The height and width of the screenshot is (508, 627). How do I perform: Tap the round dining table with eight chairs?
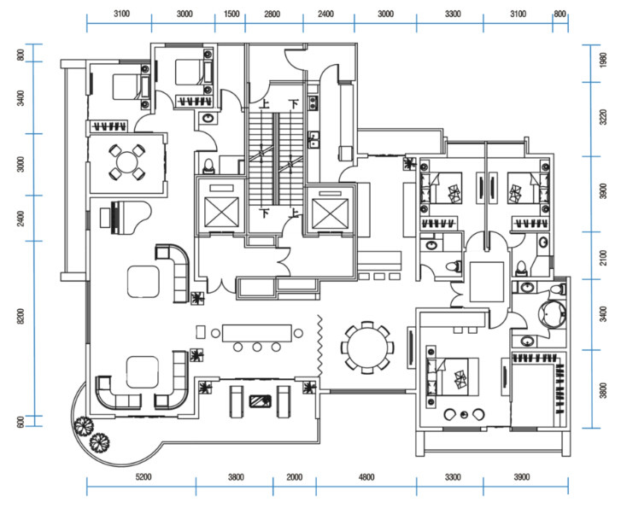tap(366, 347)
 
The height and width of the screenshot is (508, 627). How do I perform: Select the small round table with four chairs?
tap(126, 162)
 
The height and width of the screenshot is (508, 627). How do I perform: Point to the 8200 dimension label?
tap(21, 316)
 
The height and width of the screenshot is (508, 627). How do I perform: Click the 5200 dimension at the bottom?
tap(144, 476)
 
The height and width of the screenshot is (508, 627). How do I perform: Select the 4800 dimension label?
tap(366, 476)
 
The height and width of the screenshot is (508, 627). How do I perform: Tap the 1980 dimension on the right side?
tap(603, 60)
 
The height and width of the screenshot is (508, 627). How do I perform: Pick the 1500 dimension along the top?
tap(231, 15)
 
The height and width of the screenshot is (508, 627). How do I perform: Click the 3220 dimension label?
tap(603, 117)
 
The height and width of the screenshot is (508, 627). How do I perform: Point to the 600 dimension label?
tap(21, 422)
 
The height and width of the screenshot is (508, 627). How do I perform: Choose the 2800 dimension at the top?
tap(272, 15)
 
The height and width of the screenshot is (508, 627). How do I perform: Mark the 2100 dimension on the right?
tap(603, 257)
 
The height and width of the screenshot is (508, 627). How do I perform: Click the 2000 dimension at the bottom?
tap(295, 476)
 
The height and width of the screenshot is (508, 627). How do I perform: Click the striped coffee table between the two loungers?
tap(261, 401)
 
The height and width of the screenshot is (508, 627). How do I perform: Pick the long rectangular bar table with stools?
tap(257, 333)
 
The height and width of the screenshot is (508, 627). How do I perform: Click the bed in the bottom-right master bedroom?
tap(453, 377)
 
